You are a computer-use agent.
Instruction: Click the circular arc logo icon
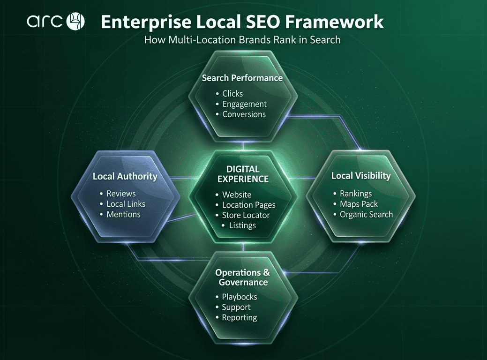click(75, 21)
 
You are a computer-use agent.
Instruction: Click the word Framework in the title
click(334, 22)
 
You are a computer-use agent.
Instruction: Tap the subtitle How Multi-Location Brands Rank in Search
click(242, 40)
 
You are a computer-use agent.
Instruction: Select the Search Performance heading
click(242, 78)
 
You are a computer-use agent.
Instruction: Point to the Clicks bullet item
click(232, 93)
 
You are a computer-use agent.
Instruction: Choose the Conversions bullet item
click(244, 114)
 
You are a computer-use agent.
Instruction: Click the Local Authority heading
click(125, 176)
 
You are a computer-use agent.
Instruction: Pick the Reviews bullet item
click(121, 194)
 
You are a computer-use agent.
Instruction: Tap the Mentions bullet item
click(124, 214)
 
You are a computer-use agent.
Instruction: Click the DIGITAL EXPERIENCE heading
click(243, 174)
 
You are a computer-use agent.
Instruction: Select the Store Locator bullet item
click(246, 215)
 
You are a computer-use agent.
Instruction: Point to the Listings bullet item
click(243, 225)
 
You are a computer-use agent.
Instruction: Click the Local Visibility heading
click(361, 176)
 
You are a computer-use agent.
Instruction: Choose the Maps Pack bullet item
click(359, 204)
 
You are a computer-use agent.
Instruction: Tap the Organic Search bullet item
click(366, 215)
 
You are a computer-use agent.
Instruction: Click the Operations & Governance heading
click(243, 277)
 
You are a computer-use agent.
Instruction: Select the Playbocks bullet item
click(240, 297)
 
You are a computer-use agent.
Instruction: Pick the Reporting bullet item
click(240, 318)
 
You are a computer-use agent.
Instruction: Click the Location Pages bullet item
click(249, 205)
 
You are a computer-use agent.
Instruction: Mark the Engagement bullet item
click(244, 104)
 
